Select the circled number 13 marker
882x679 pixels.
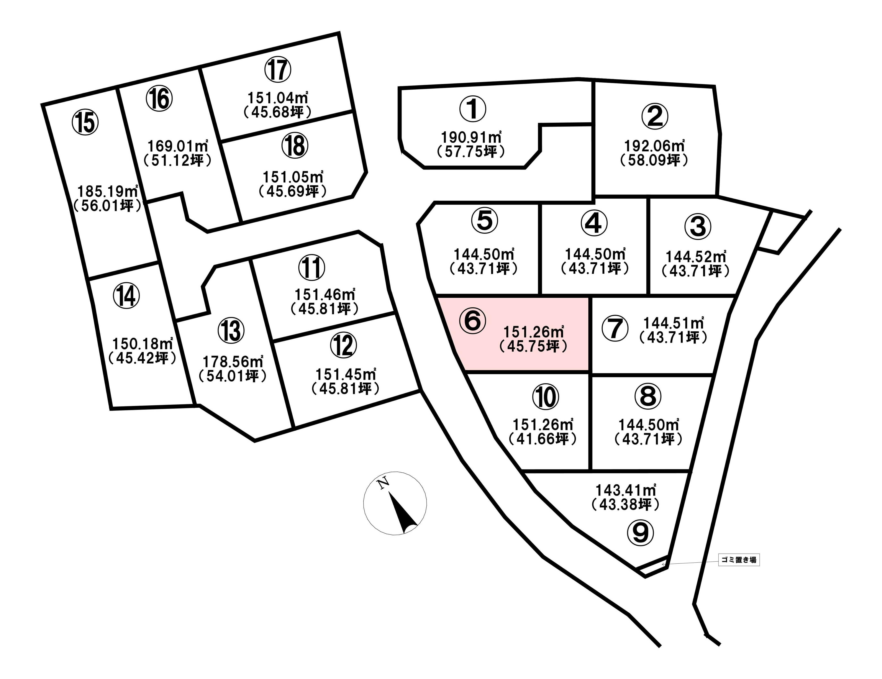tap(231, 330)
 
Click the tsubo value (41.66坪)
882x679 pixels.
tap(543, 439)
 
